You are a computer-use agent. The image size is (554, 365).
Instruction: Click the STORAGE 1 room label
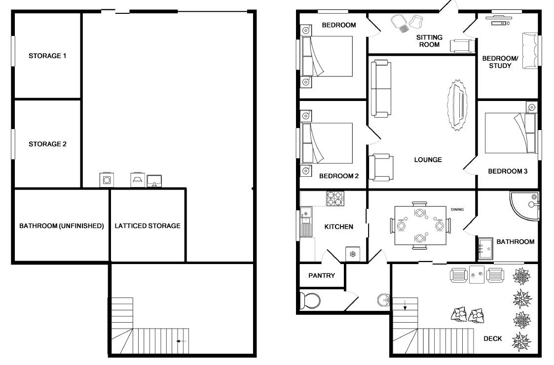47,56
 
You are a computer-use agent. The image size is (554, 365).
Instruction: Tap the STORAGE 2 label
47,144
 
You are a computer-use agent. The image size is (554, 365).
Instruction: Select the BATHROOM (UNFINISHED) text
61,226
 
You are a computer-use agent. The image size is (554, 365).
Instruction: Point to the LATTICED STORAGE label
148,226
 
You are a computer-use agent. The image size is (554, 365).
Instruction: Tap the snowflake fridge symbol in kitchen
353,254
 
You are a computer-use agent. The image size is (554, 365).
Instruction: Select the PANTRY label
322,276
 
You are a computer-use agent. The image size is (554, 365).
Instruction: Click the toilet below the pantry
311,300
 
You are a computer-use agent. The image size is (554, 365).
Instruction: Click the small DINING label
457,209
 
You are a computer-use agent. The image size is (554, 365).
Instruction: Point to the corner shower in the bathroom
523,206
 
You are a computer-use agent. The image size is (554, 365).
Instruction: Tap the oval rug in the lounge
457,105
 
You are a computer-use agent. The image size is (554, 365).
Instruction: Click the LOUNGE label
428,160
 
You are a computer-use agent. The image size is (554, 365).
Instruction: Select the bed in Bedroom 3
508,133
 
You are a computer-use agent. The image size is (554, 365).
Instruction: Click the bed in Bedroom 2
328,143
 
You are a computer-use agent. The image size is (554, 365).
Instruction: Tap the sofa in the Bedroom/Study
530,50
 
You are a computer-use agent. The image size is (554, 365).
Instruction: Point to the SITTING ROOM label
429,41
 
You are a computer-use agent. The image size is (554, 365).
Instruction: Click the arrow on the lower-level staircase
181,341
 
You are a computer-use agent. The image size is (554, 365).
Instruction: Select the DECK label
492,338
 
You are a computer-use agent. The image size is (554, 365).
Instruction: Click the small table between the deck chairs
477,275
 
